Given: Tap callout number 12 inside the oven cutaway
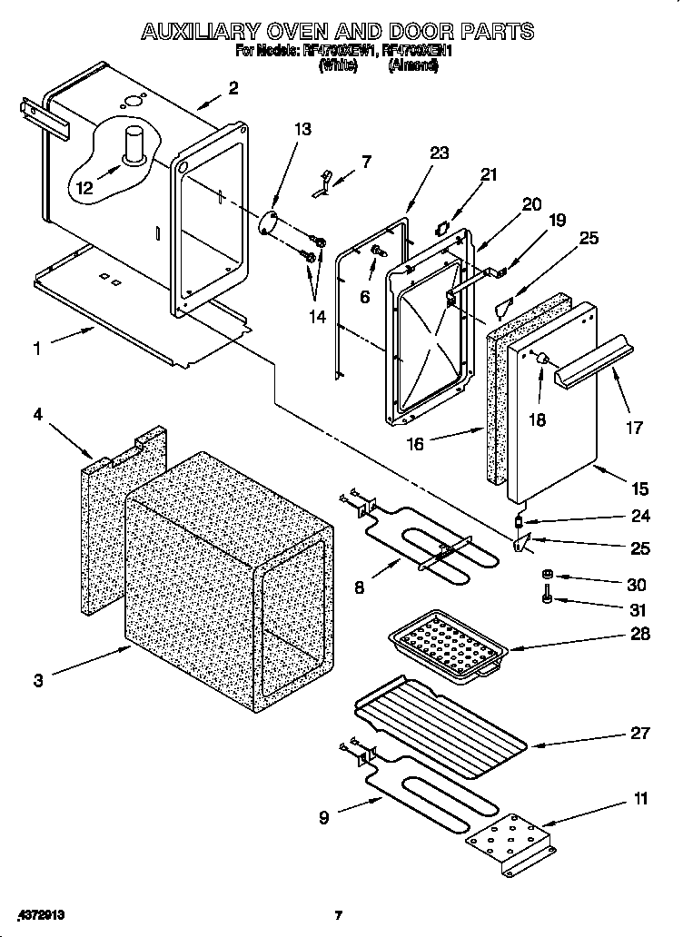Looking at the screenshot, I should coord(84,189).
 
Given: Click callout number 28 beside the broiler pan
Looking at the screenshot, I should coord(640,634).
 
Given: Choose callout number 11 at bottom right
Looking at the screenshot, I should coord(640,799).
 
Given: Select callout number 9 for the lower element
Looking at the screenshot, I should coord(324,816).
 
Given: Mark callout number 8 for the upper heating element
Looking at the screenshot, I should coord(360,587).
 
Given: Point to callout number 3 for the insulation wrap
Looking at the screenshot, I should coord(37,680).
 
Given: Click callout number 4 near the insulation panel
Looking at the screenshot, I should coord(37,414).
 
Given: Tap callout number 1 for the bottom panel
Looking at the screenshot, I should coord(37,348).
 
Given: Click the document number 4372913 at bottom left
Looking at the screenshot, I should coord(40,915).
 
